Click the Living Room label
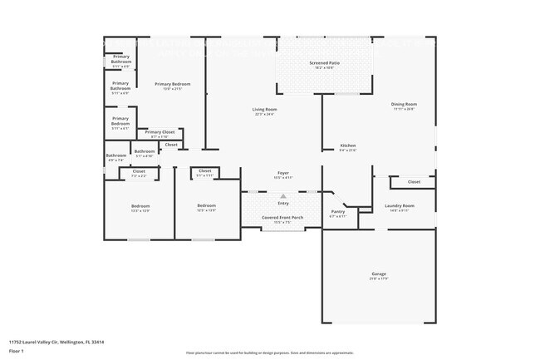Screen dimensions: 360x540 pyautogui.click(x=265, y=110)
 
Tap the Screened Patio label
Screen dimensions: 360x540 pyautogui.click(x=324, y=63)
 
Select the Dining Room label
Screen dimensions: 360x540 pyautogui.click(x=404, y=105)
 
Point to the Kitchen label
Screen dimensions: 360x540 pyautogui.click(x=347, y=145)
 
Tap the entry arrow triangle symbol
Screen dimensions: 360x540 pyautogui.click(x=282, y=196)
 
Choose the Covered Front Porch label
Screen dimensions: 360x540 pyautogui.click(x=282, y=218)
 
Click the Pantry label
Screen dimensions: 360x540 pyautogui.click(x=337, y=211)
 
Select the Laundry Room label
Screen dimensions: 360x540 pyautogui.click(x=399, y=205)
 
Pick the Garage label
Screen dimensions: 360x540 pyautogui.click(x=379, y=274)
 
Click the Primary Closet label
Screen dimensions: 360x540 pyautogui.click(x=160, y=132)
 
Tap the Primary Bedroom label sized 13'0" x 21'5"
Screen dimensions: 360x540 pyautogui.click(x=173, y=84)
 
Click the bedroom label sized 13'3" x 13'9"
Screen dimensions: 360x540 pyautogui.click(x=140, y=206)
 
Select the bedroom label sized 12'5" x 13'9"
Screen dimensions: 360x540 pyautogui.click(x=206, y=206)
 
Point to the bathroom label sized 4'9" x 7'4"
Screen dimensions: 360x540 pyautogui.click(x=115, y=155)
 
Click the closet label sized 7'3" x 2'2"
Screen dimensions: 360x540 pyautogui.click(x=139, y=171)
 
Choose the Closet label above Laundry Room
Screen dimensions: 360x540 pyautogui.click(x=414, y=181)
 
